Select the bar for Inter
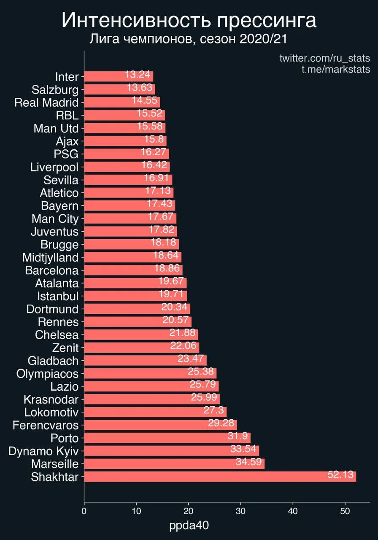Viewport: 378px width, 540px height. [x=118, y=76]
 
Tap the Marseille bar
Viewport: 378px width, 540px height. [x=174, y=464]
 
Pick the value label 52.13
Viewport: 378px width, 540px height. [x=340, y=475]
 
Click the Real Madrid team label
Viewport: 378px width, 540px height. [x=46, y=103]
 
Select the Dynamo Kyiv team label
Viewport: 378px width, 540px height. [x=43, y=451]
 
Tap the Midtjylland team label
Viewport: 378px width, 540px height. [x=51, y=257]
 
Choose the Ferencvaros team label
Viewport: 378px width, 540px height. [x=46, y=425]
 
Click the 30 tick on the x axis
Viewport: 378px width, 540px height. [x=241, y=512]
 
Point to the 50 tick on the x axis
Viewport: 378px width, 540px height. [x=345, y=512]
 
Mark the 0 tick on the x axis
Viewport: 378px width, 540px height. [x=84, y=512]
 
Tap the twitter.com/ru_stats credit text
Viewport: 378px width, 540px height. [x=324, y=58]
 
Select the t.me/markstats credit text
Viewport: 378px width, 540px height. [x=335, y=69]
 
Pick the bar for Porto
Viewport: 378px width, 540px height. [x=167, y=438]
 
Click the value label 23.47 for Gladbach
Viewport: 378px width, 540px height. [x=191, y=359]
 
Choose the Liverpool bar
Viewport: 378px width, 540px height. [x=127, y=167]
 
